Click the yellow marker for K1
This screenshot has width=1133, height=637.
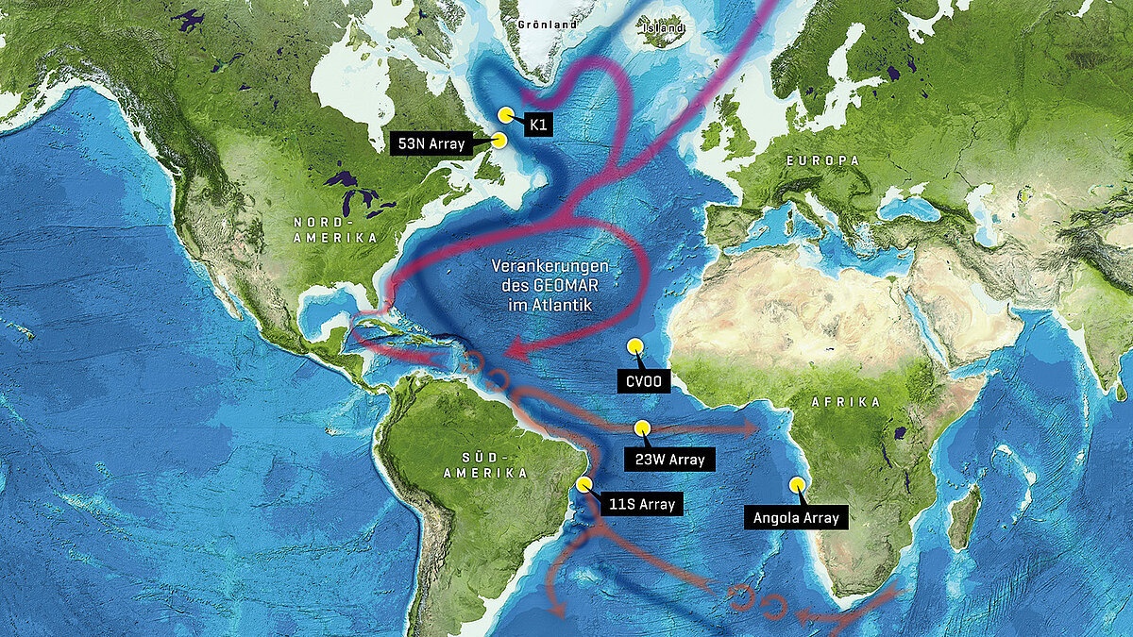point(506,114)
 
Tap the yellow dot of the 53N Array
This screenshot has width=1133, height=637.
point(499,140)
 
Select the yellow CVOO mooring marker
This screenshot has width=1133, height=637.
point(635,346)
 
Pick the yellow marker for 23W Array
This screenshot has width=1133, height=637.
point(642,427)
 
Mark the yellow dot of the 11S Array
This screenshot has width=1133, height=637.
point(583,485)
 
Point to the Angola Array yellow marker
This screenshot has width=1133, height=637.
point(795,484)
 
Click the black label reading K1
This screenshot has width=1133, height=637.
point(537,124)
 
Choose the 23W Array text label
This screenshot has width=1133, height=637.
point(670,460)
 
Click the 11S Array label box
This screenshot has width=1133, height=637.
point(642,504)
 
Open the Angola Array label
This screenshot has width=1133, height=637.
point(796,517)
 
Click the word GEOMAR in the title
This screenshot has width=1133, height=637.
point(550,286)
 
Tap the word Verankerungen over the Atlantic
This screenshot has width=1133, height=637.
point(549,266)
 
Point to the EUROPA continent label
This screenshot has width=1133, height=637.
point(824,161)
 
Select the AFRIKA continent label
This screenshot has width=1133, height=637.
point(846,402)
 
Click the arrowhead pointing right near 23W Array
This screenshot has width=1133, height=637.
point(750,428)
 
